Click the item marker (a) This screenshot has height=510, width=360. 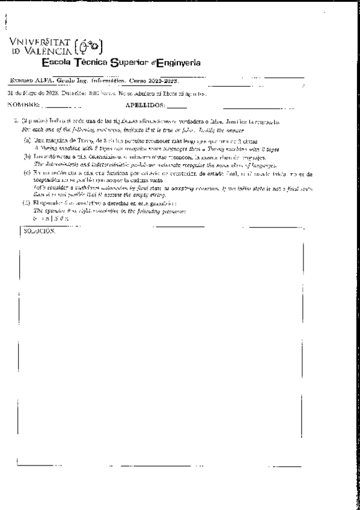click(x=27, y=138)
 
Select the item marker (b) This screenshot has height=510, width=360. click(x=27, y=155)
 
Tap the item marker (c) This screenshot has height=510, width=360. click(x=27, y=172)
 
